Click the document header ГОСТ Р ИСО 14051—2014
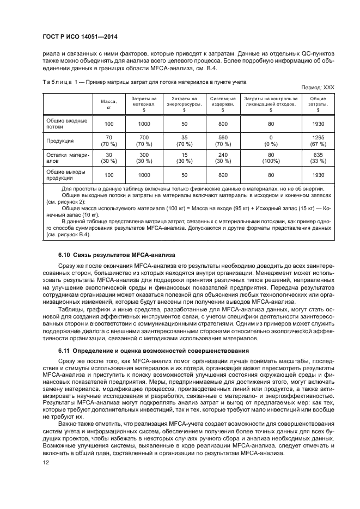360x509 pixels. point(81,38)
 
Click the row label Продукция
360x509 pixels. point(60,140)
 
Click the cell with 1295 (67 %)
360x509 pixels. point(318,140)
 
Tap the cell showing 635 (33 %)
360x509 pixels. point(318,158)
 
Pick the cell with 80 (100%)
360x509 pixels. point(271,158)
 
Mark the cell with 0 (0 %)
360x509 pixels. point(271,140)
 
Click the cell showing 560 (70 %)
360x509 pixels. point(222,140)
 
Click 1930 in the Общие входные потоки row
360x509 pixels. point(318,124)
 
